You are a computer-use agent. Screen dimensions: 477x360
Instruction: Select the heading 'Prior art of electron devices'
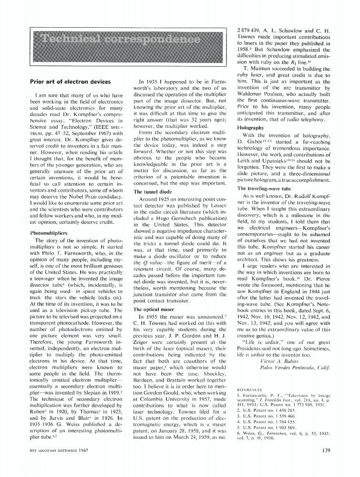(x=70, y=82)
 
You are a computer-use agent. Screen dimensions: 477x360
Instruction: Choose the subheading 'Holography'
(x=250, y=128)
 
